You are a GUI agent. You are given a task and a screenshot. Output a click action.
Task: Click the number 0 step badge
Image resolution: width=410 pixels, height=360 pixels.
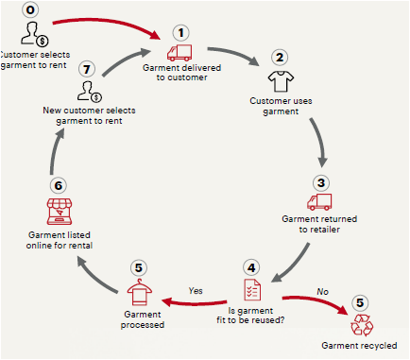click(x=30, y=9)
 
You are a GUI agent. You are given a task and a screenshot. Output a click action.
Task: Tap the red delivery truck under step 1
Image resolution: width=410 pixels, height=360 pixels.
click(x=179, y=53)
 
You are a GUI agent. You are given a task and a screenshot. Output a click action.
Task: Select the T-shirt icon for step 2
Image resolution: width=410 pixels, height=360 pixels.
click(x=281, y=81)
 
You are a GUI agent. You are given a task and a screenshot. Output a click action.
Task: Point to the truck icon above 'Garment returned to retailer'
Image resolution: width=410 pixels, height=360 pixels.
click(x=319, y=202)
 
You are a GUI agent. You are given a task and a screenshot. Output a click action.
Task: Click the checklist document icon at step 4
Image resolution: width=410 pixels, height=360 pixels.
click(x=252, y=290)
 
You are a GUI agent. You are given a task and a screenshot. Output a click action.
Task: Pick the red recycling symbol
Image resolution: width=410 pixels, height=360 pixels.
click(x=362, y=325)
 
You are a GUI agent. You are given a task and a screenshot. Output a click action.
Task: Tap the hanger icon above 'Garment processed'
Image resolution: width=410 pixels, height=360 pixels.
click(x=140, y=292)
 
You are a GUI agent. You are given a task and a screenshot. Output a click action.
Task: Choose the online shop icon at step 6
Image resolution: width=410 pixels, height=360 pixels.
click(x=60, y=212)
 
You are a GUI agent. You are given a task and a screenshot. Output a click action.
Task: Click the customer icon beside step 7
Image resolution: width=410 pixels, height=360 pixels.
click(x=90, y=92)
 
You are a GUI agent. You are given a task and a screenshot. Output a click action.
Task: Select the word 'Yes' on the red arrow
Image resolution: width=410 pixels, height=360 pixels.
click(x=196, y=291)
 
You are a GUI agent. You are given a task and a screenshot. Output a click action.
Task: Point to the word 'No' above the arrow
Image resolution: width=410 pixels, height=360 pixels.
click(x=322, y=292)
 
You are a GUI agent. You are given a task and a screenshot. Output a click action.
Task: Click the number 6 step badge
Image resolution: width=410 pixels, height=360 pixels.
click(x=59, y=185)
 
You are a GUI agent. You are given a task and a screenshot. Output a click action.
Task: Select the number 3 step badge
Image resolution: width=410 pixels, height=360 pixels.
click(x=321, y=182)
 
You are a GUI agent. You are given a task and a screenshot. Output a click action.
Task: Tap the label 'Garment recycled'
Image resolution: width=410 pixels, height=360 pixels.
click(x=359, y=346)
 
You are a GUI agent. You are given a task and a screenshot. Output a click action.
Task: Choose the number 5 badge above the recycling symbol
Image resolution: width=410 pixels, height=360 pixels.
click(x=360, y=302)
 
